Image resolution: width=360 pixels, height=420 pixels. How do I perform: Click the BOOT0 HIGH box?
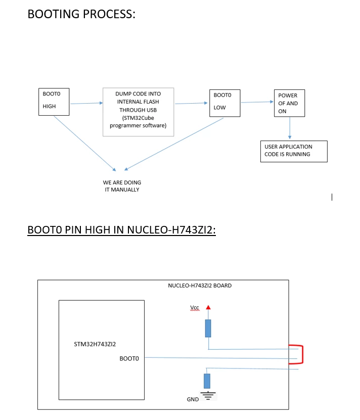coord(54,102)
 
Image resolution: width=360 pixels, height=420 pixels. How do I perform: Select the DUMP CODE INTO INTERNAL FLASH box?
coord(139,112)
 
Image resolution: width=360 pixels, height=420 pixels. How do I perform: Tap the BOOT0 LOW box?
coord(224,103)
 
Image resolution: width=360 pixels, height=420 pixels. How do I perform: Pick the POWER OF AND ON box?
coord(290,103)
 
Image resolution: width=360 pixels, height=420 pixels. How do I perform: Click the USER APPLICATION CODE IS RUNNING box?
coord(294,151)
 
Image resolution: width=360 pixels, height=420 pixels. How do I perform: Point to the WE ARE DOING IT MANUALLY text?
coord(122,186)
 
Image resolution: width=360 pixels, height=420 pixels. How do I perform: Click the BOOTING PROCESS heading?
coord(81,14)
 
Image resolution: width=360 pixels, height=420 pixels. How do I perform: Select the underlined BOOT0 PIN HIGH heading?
coord(121,230)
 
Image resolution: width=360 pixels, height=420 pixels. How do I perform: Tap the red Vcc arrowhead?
coord(208,307)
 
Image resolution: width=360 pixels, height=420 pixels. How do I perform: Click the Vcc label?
coord(195,307)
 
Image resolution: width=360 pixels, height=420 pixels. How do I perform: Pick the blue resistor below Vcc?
coord(208,328)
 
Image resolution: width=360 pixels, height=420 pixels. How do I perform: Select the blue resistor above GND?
coord(207,381)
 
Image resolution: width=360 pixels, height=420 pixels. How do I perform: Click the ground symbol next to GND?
coord(208,396)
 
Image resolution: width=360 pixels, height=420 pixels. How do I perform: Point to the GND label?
coord(193,399)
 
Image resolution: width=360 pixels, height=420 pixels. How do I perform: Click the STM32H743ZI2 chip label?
coord(95,344)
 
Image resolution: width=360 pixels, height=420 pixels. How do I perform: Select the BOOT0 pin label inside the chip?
coord(129,359)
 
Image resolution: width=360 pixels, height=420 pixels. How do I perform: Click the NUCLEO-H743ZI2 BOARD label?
coord(200,286)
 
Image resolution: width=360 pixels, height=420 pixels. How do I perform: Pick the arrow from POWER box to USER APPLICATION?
coord(290,128)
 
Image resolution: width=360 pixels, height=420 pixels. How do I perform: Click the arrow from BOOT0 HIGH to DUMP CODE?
coord(86,103)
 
